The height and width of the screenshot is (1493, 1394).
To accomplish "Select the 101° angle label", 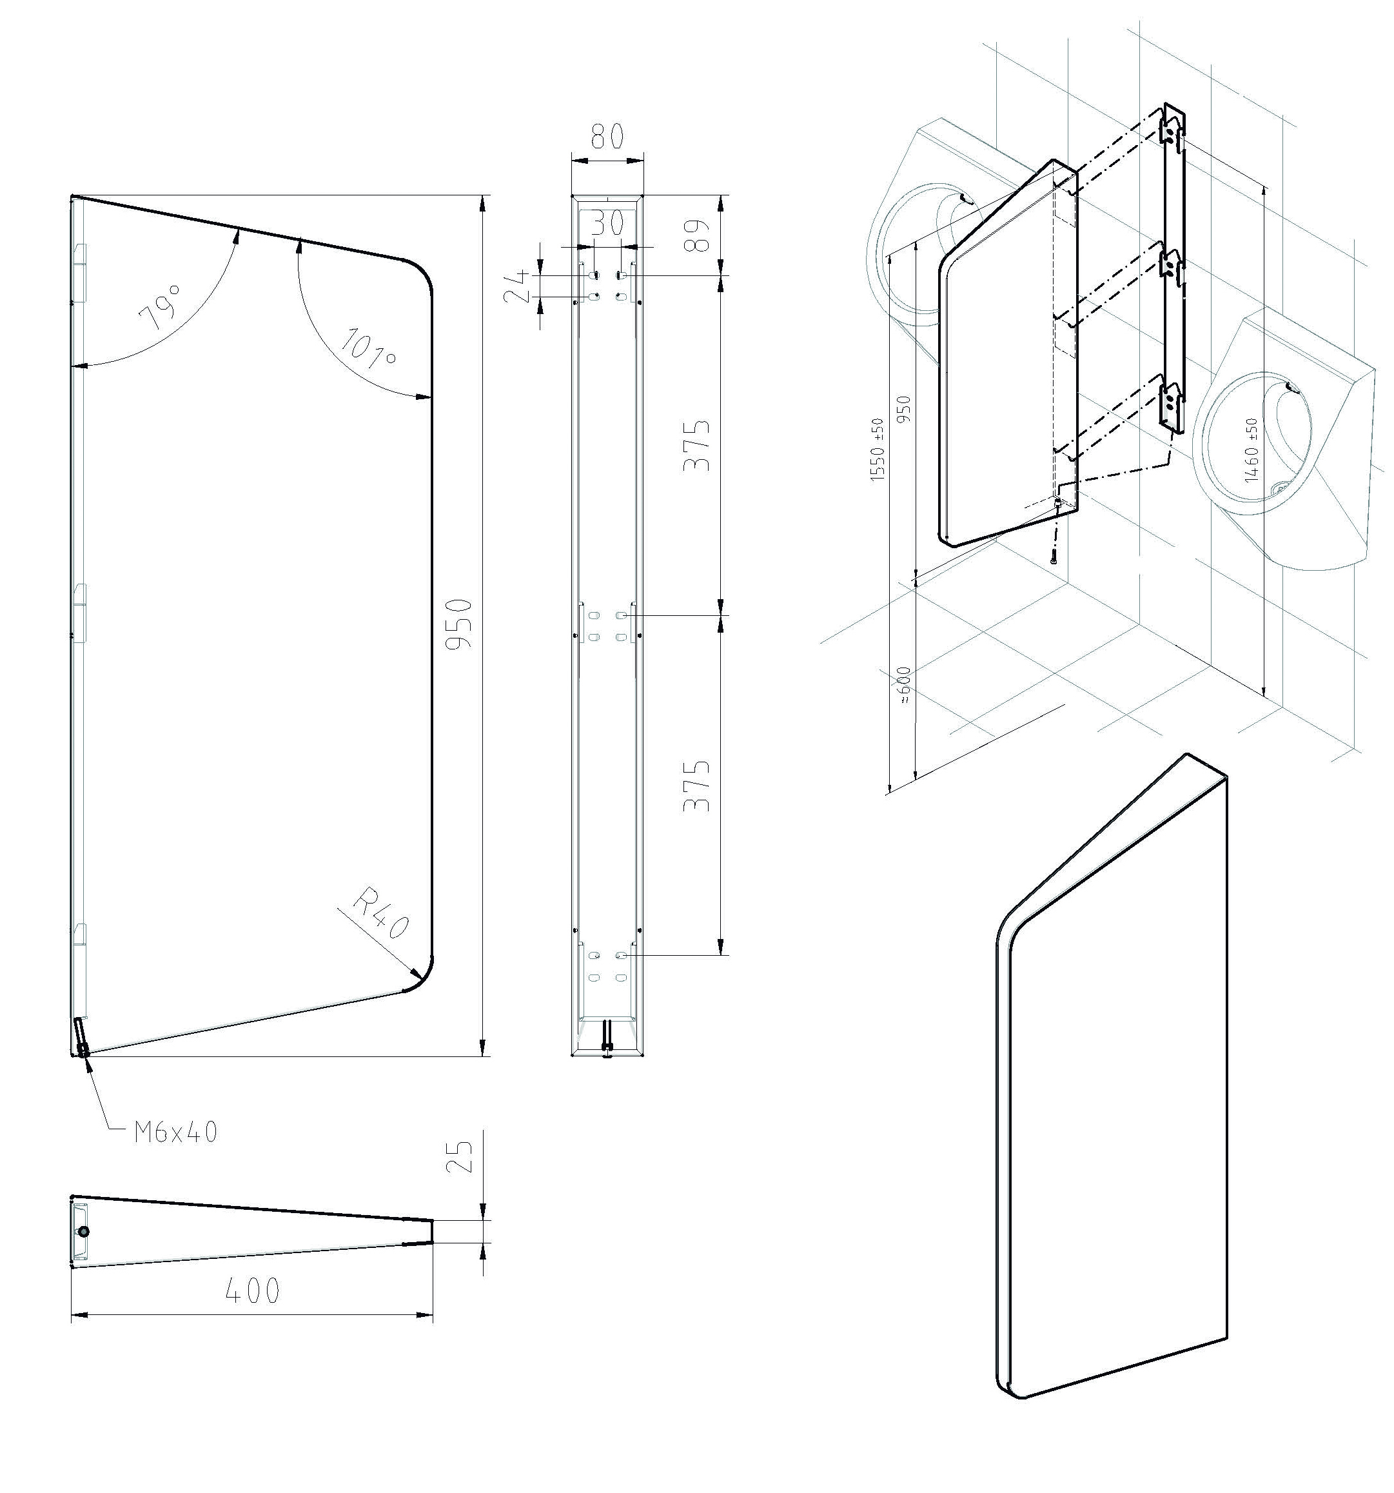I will point(369,350).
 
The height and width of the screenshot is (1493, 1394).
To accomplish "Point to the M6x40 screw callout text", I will point(175,1132).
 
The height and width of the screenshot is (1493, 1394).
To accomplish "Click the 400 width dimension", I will point(252,1291).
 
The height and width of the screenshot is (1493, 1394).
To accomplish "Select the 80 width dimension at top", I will point(607,137).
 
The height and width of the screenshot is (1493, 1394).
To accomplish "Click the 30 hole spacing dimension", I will point(607,224).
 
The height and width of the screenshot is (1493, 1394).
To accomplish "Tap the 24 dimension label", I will point(517,286).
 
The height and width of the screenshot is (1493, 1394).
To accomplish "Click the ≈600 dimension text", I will point(904,685).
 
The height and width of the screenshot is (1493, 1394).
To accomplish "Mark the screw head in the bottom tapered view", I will point(84,1232).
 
